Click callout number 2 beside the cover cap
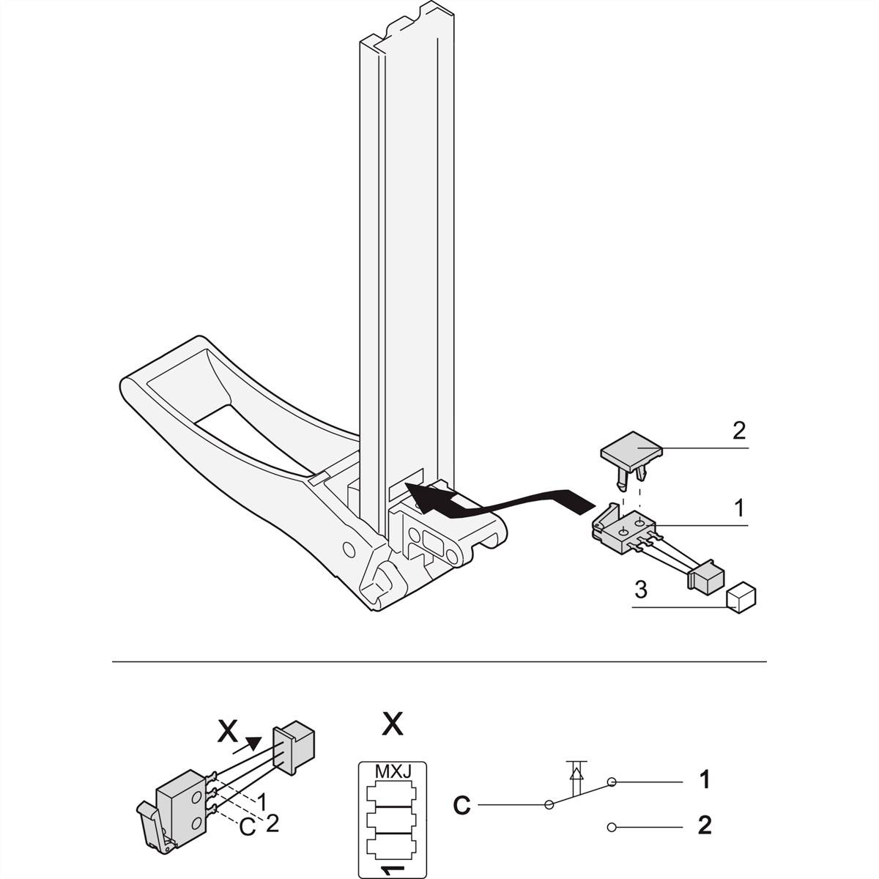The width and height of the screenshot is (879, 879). coord(738,431)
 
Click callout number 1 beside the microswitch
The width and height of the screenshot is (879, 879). coord(738,507)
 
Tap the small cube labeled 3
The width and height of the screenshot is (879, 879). coord(741,597)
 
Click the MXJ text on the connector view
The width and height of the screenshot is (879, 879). coord(392,772)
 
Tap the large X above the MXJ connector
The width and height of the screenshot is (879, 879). coord(393,724)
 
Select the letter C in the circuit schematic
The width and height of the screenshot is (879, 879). coord(461,806)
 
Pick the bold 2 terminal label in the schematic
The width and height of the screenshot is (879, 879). coord(704,826)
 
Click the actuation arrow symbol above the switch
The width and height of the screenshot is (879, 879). coord(576,771)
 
